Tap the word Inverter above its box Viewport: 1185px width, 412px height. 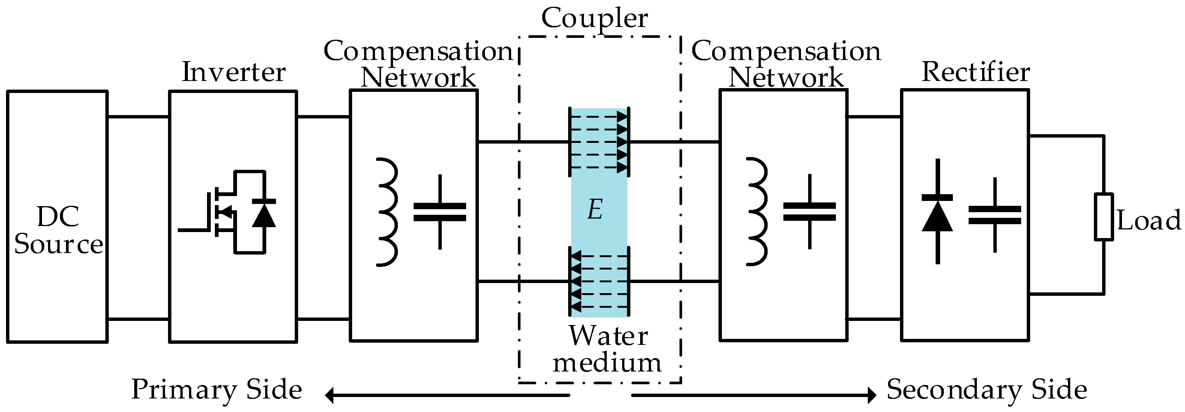click(x=234, y=72)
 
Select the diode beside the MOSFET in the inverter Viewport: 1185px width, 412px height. click(x=264, y=213)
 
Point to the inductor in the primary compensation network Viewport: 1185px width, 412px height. click(x=387, y=212)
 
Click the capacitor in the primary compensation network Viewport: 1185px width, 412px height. click(x=440, y=212)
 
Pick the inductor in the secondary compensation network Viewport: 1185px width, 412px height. click(x=757, y=212)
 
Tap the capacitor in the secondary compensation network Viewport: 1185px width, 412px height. click(x=809, y=211)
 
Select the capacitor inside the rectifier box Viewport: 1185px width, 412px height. click(x=994, y=215)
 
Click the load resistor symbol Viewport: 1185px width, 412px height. click(x=1103, y=216)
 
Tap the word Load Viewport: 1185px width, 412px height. click(x=1149, y=220)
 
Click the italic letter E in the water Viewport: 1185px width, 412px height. click(x=595, y=210)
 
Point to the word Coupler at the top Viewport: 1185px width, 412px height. click(x=594, y=18)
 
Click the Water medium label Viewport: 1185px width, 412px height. click(x=607, y=349)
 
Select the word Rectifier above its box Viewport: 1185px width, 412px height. click(x=976, y=72)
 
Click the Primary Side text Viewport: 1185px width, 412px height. click(x=216, y=390)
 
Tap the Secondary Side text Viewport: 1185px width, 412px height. click(x=987, y=390)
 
